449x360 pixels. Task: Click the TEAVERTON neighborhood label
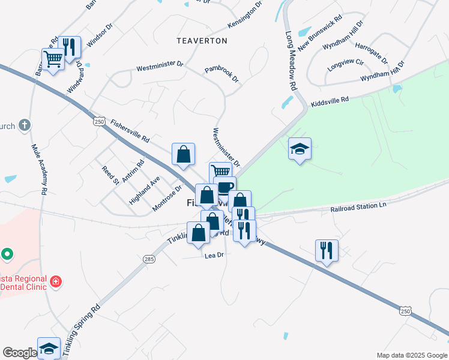202,41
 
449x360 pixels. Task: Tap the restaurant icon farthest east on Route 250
327,250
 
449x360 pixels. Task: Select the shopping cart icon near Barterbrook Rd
53,59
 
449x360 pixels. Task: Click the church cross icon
24,125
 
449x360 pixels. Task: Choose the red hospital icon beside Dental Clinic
55,281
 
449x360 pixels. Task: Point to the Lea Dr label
214,255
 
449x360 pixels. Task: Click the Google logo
19,353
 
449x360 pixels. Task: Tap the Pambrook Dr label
221,75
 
